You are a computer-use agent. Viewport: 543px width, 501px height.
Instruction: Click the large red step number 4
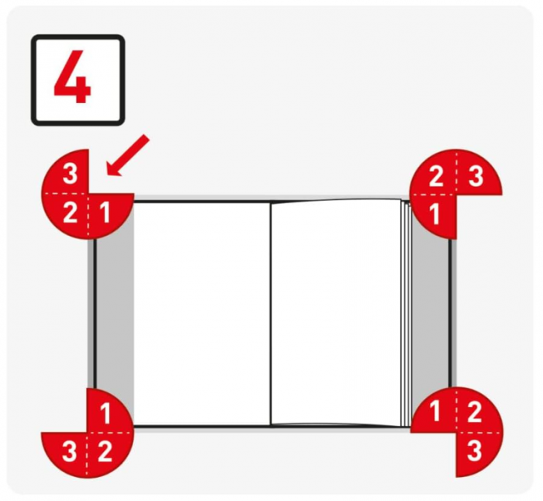click(x=72, y=77)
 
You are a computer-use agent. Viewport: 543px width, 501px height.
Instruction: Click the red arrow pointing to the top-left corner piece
click(x=128, y=155)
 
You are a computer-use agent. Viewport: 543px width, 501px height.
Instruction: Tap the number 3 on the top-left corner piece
click(x=71, y=174)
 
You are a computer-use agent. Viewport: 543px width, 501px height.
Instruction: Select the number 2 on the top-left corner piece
click(x=71, y=212)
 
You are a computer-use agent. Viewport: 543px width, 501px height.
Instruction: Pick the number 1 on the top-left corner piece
click(x=105, y=212)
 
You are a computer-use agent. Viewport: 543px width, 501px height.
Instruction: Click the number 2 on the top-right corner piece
click(x=436, y=176)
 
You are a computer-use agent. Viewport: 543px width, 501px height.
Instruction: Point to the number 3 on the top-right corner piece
click(x=476, y=176)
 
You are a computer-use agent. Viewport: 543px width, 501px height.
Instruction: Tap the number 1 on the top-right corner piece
click(x=434, y=214)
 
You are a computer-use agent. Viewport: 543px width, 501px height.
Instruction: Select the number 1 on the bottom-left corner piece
click(x=105, y=413)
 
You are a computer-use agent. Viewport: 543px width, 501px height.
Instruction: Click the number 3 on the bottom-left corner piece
click(x=70, y=451)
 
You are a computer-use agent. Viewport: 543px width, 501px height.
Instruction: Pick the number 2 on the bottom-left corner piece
click(x=105, y=451)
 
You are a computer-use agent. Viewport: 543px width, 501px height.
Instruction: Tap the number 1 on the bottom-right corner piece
click(x=435, y=412)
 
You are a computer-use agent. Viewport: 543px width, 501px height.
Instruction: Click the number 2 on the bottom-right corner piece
click(x=475, y=412)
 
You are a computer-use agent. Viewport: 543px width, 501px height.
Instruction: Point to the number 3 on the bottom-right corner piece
click(x=475, y=451)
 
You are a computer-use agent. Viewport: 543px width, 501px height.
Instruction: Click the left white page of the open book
click(x=202, y=313)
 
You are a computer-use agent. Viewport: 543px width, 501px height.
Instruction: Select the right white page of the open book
click(x=336, y=313)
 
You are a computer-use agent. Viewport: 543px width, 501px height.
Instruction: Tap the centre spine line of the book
click(x=271, y=313)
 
